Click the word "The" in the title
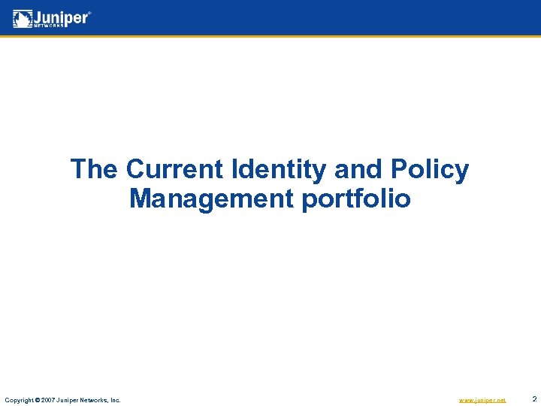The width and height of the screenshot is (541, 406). coord(94,169)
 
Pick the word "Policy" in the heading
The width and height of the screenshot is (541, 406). coord(430,170)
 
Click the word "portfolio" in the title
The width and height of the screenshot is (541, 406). coord(356,200)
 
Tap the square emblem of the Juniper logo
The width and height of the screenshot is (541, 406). coord(23,18)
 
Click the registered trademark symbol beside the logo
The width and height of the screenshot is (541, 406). coord(91,13)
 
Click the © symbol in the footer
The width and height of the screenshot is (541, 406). coord(39,400)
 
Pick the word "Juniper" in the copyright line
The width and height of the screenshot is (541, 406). coord(69,400)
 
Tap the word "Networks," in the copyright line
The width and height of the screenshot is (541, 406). coord(95,400)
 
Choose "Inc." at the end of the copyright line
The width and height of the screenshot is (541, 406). coord(115,400)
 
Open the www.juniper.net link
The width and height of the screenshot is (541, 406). coord(482,400)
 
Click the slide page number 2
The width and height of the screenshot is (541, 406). coord(533,399)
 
